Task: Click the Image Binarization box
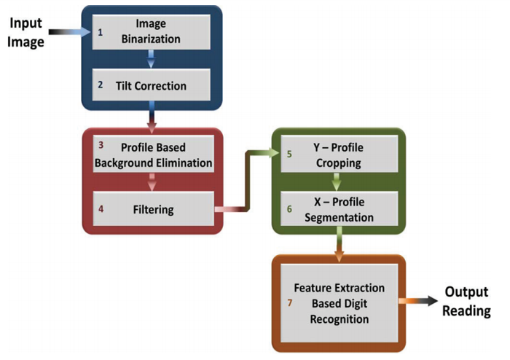[152, 32]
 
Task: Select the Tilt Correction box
[152, 85]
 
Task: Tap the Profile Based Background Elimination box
[153, 155]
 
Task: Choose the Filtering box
[153, 209]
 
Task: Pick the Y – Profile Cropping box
[337, 155]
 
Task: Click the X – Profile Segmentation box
[337, 209]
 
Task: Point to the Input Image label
[25, 32]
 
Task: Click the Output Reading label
[468, 302]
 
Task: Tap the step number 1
[101, 32]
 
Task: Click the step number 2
[101, 85]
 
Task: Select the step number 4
[101, 209]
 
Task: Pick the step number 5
[289, 154]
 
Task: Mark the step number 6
[289, 209]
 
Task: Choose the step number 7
[289, 302]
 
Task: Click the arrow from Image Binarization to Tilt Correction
[152, 58]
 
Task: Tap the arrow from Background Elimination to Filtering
[153, 182]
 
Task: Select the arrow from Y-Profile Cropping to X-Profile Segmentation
[337, 182]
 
